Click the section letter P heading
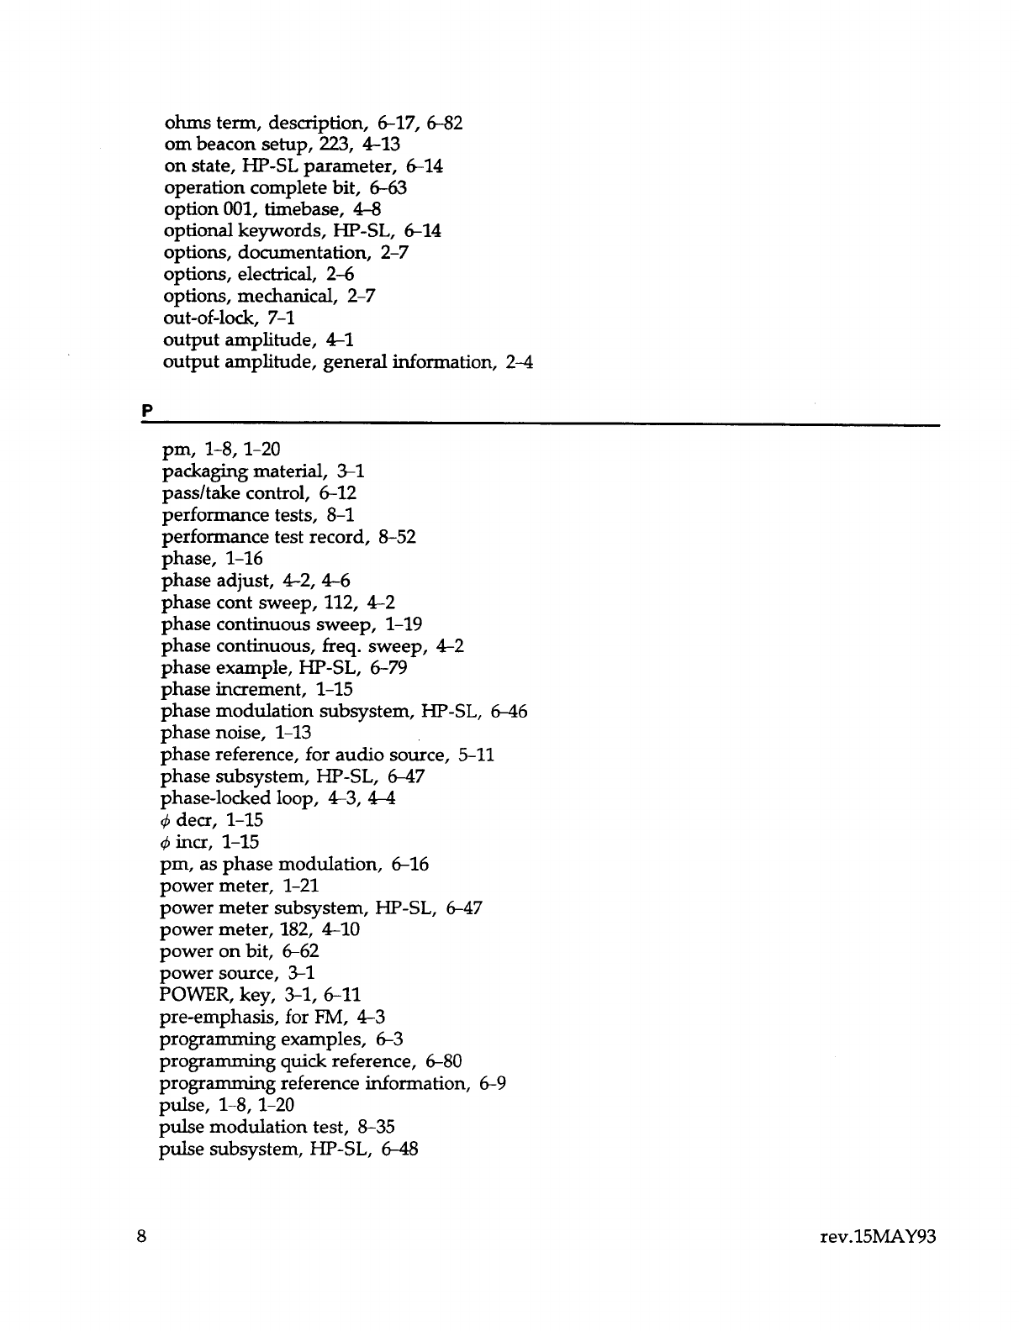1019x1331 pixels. tap(146, 412)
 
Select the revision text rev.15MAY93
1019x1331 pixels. tap(881, 1237)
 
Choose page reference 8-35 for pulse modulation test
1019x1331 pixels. tap(374, 1127)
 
